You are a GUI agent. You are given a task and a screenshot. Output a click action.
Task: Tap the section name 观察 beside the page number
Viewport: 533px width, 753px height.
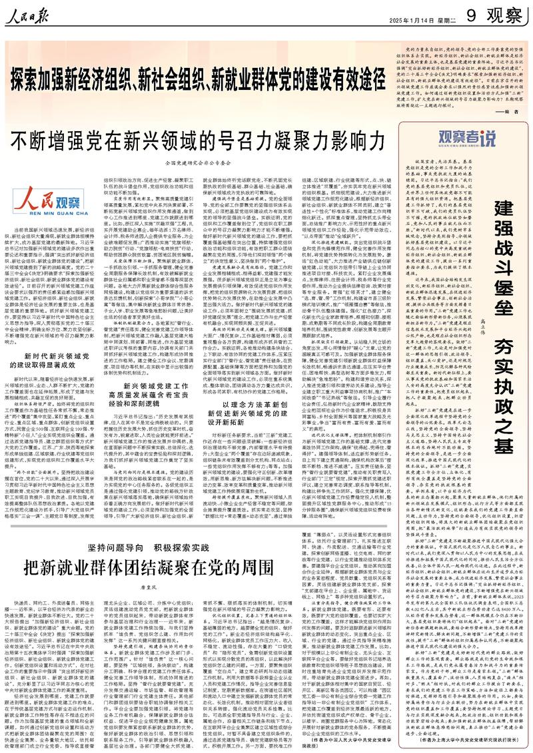point(500,13)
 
